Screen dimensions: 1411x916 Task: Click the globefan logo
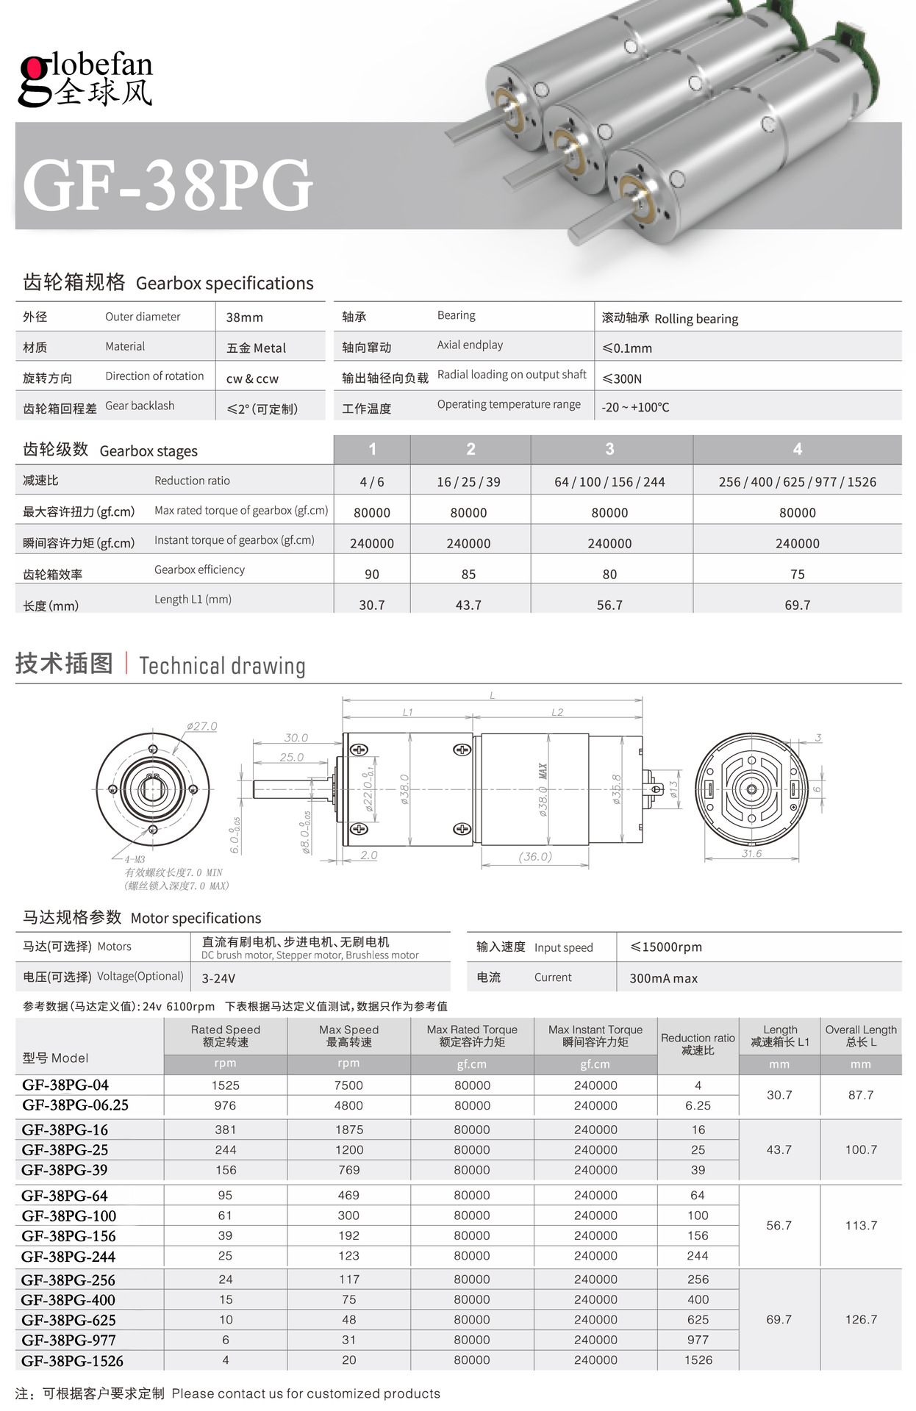pyautogui.click(x=85, y=79)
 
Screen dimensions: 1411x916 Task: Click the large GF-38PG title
pyautogui.click(x=168, y=184)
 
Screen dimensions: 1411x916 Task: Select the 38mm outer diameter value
pyautogui.click(x=244, y=317)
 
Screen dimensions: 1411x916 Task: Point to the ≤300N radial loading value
pyautogui.click(x=622, y=378)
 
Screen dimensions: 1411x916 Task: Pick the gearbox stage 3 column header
pyautogui.click(x=609, y=449)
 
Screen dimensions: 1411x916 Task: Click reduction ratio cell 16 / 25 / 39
pyautogui.click(x=468, y=482)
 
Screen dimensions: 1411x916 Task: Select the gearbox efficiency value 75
pyautogui.click(x=797, y=574)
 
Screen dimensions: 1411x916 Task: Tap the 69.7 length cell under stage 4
pyautogui.click(x=797, y=605)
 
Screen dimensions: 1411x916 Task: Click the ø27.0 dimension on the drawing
pyautogui.click(x=201, y=726)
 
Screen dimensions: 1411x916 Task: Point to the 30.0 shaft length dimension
pyautogui.click(x=296, y=737)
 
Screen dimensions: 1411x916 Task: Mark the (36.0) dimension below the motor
pyautogui.click(x=535, y=856)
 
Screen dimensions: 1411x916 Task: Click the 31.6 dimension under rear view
pyautogui.click(x=751, y=853)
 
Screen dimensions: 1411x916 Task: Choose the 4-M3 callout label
pyautogui.click(x=135, y=859)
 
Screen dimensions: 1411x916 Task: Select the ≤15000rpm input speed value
pyautogui.click(x=666, y=947)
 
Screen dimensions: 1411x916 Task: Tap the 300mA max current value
pyautogui.click(x=663, y=978)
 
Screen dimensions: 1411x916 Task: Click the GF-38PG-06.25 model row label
pyautogui.click(x=75, y=1105)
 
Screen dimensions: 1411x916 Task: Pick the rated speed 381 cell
pyautogui.click(x=226, y=1130)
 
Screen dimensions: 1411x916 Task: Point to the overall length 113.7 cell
pyautogui.click(x=861, y=1225)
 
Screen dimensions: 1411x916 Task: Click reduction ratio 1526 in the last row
pyautogui.click(x=698, y=1360)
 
